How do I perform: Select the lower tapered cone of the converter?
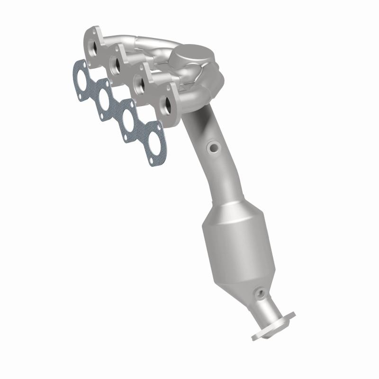[x=249, y=284]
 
